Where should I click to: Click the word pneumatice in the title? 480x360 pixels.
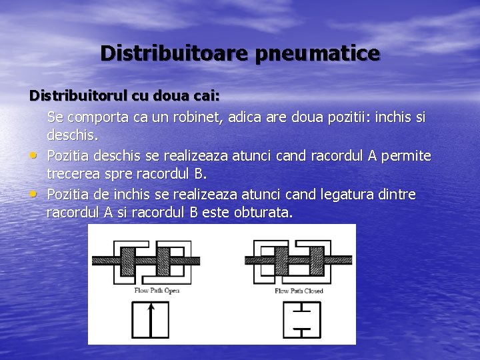(317, 53)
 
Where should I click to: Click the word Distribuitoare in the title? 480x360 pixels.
(175, 53)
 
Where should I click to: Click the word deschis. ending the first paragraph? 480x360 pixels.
(73, 135)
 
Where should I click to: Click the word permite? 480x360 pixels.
(406, 156)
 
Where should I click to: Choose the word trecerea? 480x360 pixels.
(73, 175)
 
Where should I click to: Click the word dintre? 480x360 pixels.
(396, 195)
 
